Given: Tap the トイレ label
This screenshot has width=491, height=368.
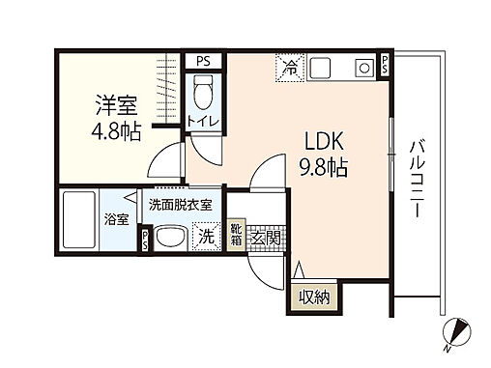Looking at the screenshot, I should (x=204, y=123).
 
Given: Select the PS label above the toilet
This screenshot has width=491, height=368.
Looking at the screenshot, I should (x=203, y=61).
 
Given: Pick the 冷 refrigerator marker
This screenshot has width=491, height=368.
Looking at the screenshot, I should (x=290, y=67).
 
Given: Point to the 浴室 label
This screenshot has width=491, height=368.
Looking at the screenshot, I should (x=116, y=218).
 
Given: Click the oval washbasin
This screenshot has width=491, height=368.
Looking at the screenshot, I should (x=173, y=239).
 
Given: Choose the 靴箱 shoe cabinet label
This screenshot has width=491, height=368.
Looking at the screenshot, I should (x=237, y=234).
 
